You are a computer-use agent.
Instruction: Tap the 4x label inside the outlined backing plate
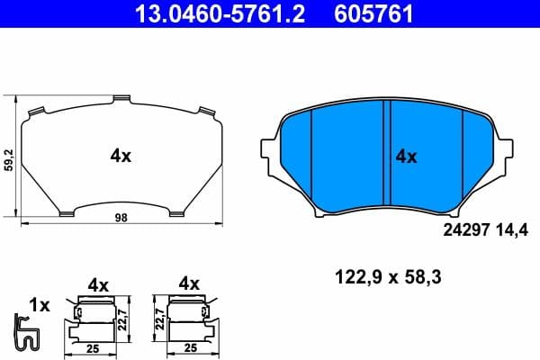pos(121,156)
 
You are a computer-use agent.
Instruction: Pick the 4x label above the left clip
pos(98,284)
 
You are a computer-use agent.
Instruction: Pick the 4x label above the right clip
pos(189,284)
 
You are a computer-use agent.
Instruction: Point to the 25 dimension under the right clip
pos(189,346)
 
